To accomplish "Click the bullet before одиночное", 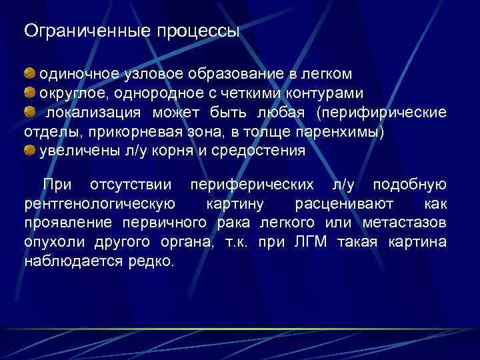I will [31, 71].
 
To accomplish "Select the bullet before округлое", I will [31, 91].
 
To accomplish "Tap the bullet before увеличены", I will [31, 151].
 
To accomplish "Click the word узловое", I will [155, 73].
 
